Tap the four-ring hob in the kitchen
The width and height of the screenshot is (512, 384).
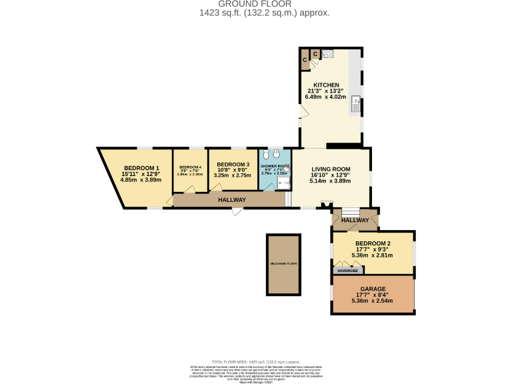(328, 54)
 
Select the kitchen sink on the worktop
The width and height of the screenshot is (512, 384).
(356, 103)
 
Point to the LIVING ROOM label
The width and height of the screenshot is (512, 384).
(331, 169)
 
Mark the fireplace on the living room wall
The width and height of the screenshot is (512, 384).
(326, 205)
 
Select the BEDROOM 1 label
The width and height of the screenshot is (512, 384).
(141, 168)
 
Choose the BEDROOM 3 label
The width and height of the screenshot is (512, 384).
(233, 165)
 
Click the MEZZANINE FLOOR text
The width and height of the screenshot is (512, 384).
(283, 264)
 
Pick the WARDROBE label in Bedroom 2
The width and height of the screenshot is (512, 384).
(348, 271)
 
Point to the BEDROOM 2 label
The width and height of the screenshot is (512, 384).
(373, 243)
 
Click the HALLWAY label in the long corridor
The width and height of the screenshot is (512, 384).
(231, 200)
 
